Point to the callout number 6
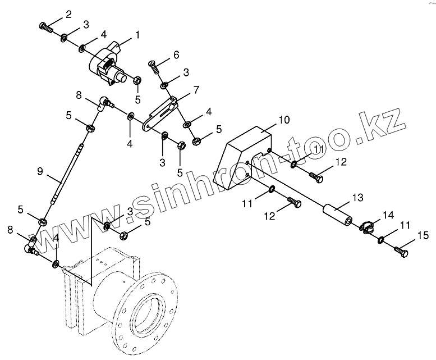pos(176,54)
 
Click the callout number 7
pos(196,89)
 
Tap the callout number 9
pos(40,171)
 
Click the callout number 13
pos(357,198)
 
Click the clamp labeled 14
pos(366,227)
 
